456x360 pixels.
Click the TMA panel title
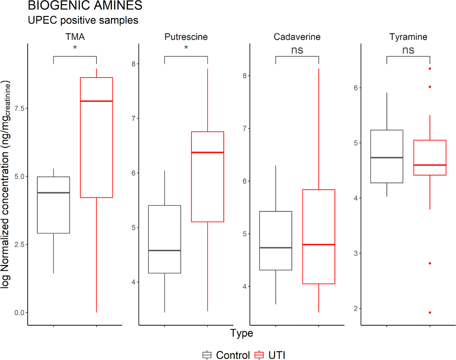(x=75, y=37)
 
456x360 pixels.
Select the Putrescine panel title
(x=186, y=37)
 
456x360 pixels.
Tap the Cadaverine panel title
(x=297, y=37)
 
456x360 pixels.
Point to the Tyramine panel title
(x=408, y=37)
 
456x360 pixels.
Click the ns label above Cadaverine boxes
(x=297, y=50)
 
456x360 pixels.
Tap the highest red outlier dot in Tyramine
(x=430, y=69)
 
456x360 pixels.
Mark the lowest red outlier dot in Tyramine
(x=430, y=312)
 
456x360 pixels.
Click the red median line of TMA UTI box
(x=96, y=101)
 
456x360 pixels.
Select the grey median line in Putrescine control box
(x=164, y=250)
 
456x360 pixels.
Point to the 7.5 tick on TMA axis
(x=19, y=108)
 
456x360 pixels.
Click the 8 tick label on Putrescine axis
(x=134, y=64)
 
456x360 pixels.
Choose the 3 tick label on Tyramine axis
(x=356, y=254)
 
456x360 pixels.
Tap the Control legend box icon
(x=207, y=355)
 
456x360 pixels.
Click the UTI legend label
(x=277, y=355)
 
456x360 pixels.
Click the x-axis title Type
(x=241, y=333)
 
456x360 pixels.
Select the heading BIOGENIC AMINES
(x=85, y=6)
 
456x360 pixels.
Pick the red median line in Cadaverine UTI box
(x=319, y=245)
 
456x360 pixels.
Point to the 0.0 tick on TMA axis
(x=19, y=313)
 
